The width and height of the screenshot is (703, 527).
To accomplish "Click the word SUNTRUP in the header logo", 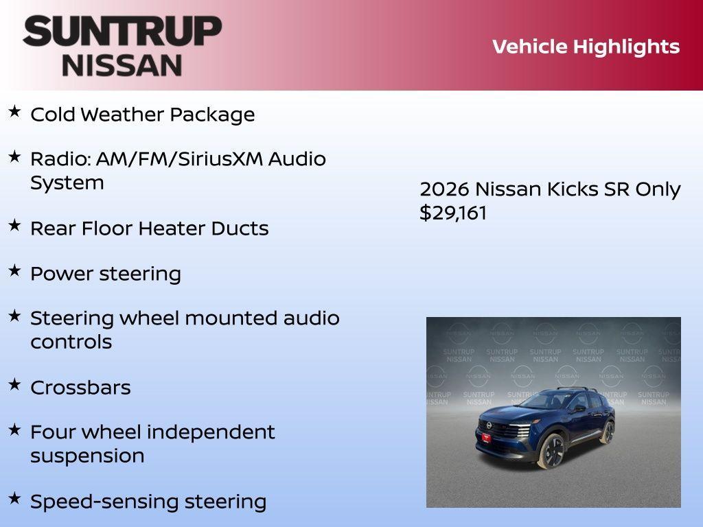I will click(x=122, y=32).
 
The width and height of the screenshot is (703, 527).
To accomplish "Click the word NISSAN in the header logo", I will click(x=122, y=65).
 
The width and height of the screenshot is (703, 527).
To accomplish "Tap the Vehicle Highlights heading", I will click(x=586, y=47).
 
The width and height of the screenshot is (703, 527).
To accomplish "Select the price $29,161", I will click(x=453, y=213).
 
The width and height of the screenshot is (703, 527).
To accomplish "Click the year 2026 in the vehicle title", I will click(x=444, y=189).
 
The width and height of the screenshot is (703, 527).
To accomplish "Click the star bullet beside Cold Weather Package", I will click(x=14, y=111).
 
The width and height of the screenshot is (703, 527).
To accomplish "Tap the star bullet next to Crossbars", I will click(x=14, y=384).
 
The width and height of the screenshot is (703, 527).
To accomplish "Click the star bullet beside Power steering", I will click(x=14, y=270).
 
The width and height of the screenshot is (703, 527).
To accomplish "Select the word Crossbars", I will click(x=80, y=388).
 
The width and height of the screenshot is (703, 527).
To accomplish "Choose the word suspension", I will click(x=87, y=456).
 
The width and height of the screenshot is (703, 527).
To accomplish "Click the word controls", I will click(x=71, y=342).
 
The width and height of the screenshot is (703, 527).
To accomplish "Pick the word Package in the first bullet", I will click(x=212, y=115).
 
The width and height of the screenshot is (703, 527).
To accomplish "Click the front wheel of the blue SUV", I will click(x=551, y=452).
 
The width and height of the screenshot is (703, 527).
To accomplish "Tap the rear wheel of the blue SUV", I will click(x=607, y=432).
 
